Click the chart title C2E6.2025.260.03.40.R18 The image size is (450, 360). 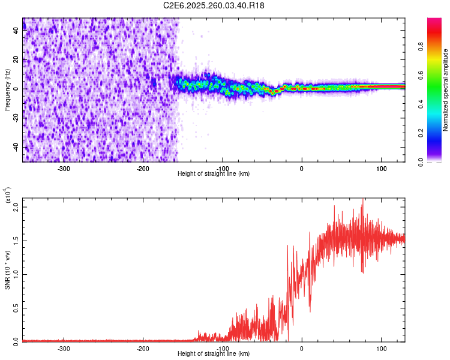tap(214, 5)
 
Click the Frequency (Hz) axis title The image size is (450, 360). tap(7, 89)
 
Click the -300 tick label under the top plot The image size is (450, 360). tap(64, 168)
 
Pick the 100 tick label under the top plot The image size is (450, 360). tap(381, 168)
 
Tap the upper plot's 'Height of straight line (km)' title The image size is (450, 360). tap(214, 173)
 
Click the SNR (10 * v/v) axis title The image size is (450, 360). tap(7, 270)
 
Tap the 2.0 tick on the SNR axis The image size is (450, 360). tap(17, 207)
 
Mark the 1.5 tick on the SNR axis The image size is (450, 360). tap(17, 241)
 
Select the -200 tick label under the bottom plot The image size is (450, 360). tap(143, 348)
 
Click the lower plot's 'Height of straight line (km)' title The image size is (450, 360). tap(214, 353)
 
